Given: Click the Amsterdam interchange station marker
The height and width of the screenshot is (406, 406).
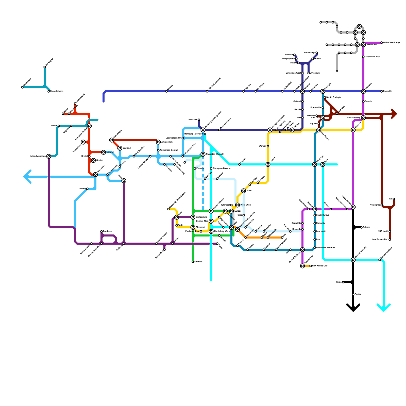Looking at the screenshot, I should tap(158, 142).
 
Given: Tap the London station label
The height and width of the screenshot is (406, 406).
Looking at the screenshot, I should tap(110, 152).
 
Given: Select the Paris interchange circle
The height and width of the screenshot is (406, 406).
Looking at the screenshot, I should tap(124, 181).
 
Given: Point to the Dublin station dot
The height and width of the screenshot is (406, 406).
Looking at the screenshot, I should tap(59, 126).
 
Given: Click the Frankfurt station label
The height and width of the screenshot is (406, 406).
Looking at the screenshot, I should tap(201, 168).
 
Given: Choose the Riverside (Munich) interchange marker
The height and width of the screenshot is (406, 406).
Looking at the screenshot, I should tap(203, 154).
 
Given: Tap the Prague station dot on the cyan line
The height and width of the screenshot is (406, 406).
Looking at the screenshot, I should tap(240, 164).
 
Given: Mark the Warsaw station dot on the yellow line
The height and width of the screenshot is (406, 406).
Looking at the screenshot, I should tap(268, 146).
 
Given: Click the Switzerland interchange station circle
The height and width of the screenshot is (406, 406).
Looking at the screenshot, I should tap(193, 217).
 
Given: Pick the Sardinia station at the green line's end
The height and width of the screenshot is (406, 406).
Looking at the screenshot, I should tap(193, 262).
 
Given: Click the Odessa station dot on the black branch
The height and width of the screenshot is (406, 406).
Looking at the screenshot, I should tap(361, 227).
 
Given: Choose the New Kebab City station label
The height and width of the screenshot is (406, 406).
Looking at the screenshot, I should tap(320, 266).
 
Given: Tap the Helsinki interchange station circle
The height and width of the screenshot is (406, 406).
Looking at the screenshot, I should tap(302, 91).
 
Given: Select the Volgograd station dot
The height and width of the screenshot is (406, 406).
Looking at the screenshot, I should tap(382, 205).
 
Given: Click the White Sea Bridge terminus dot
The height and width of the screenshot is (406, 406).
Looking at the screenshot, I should tap(382, 43).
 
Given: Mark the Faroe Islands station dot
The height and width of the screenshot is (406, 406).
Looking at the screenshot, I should tap(49, 91).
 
